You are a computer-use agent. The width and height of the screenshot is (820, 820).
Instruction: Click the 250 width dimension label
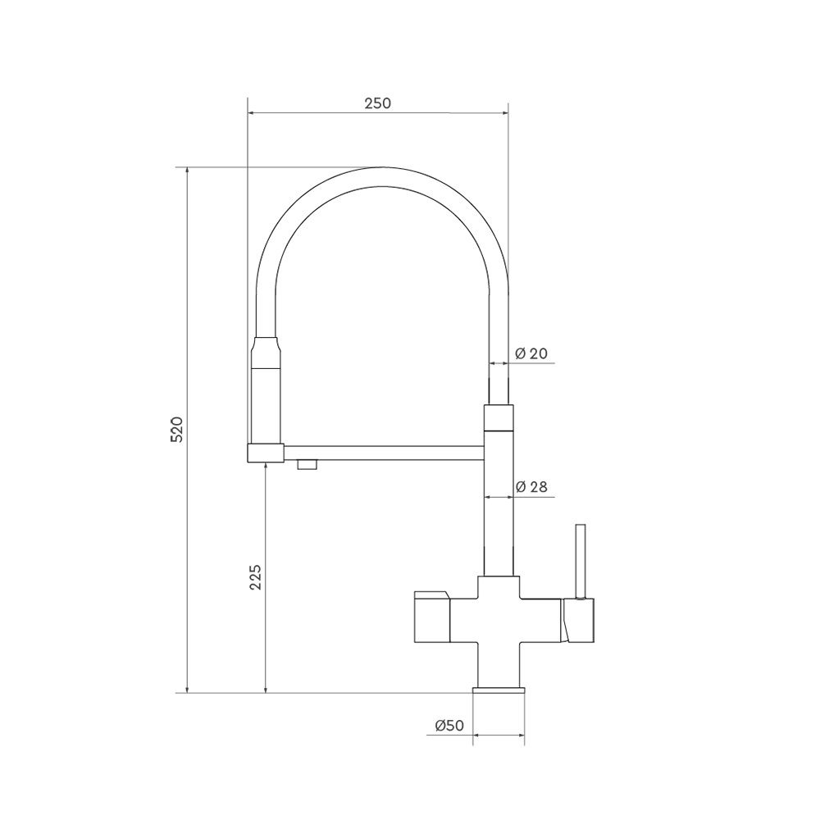point(377,103)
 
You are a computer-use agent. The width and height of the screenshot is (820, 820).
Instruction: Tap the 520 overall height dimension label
point(177,430)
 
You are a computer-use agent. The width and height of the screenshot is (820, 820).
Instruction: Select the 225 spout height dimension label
point(255,576)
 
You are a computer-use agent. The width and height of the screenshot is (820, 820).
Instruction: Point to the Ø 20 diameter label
point(531,353)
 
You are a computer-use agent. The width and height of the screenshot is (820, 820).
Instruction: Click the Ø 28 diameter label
point(531,487)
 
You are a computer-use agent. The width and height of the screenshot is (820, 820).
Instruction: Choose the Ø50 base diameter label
point(449,726)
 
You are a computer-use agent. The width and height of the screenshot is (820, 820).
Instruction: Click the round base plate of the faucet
point(499,690)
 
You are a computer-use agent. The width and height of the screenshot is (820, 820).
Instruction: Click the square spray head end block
point(265,453)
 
